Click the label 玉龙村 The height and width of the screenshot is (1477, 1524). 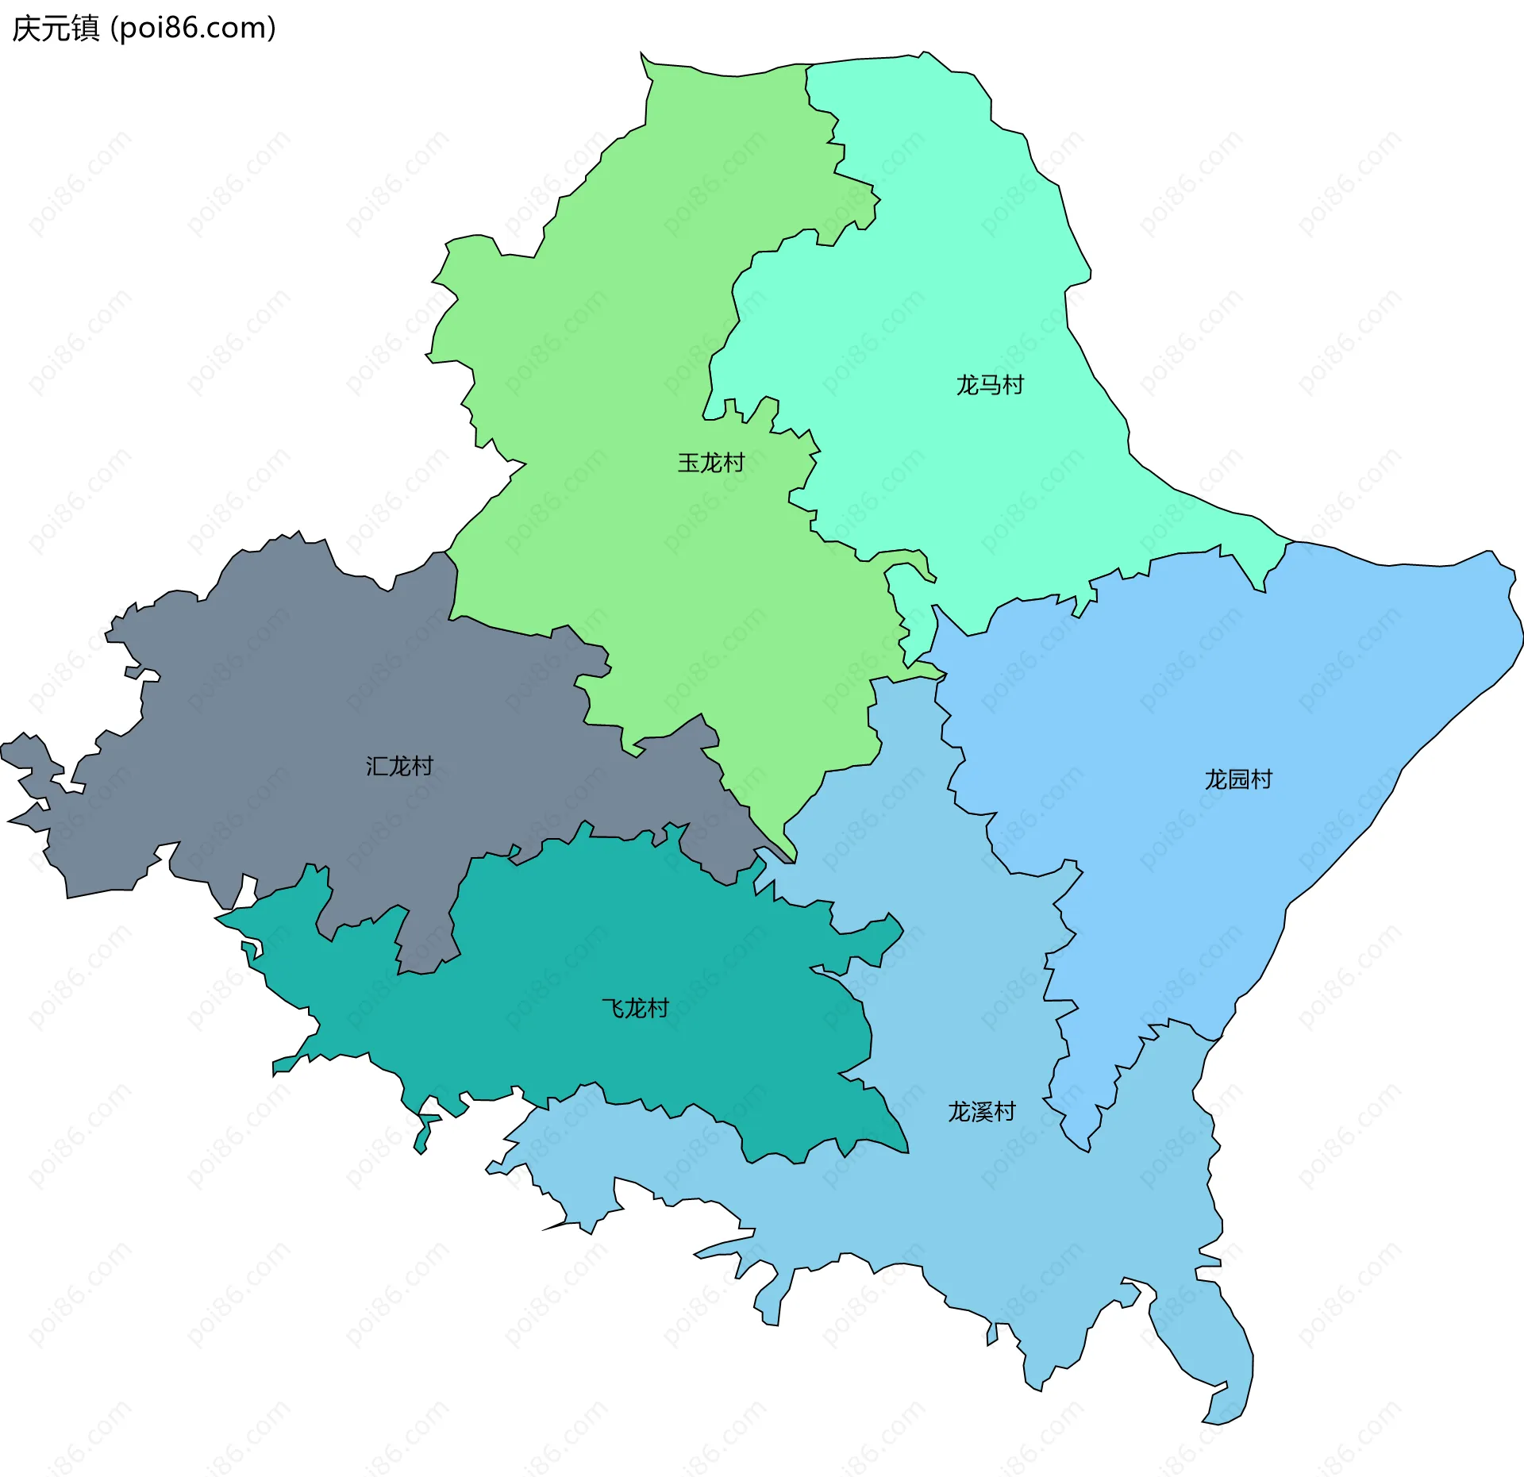click(x=710, y=463)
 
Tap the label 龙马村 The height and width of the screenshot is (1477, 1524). click(x=990, y=385)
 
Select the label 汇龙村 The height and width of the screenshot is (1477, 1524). click(x=399, y=766)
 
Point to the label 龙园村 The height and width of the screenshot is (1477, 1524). click(x=1238, y=779)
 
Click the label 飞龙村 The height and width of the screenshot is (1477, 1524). click(x=635, y=1008)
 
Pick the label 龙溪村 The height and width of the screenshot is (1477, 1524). click(x=982, y=1111)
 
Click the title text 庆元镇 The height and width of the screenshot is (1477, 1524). click(x=56, y=29)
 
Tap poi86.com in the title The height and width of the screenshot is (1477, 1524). click(x=193, y=29)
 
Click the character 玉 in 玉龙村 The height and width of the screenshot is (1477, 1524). click(x=688, y=463)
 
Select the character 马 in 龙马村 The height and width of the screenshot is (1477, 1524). click(x=990, y=385)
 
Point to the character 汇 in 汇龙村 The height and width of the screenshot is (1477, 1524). click(x=377, y=766)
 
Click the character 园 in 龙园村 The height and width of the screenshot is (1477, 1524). click(x=1238, y=779)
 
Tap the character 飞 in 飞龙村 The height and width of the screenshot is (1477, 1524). click(x=613, y=1008)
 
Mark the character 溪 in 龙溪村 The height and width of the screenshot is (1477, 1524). click(x=982, y=1111)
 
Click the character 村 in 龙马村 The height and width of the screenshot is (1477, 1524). click(x=1013, y=385)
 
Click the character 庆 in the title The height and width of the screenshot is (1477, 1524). click(x=25, y=29)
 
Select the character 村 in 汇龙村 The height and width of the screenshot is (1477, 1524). click(x=422, y=766)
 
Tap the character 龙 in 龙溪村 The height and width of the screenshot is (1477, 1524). click(x=960, y=1111)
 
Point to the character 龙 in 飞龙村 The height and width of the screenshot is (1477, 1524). click(x=635, y=1008)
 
